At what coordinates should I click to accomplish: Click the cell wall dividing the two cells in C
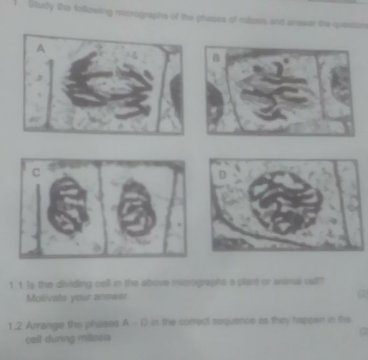[x=100, y=204]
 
